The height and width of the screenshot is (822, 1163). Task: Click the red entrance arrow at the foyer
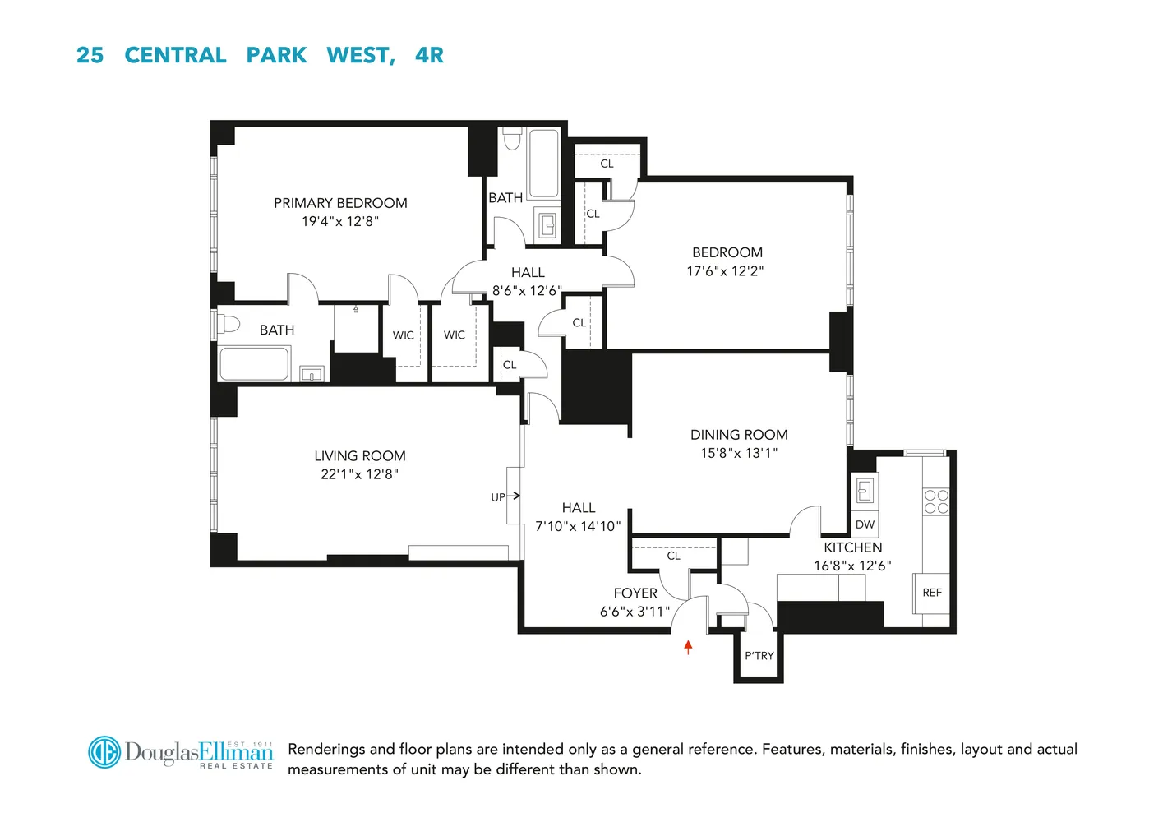(688, 647)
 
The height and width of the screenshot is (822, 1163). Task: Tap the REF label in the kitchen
(932, 593)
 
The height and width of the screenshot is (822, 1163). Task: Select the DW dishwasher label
(865, 524)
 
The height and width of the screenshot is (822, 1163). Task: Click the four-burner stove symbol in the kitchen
(936, 501)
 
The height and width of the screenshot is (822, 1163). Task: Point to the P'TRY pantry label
(759, 656)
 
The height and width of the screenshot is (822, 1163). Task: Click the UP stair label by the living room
(498, 497)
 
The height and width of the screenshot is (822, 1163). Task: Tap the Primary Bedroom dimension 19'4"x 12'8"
(340, 221)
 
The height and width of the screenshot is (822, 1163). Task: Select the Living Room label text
(360, 456)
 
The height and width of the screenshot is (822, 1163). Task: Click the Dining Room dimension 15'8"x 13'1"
(739, 453)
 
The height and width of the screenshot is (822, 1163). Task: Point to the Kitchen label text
(853, 547)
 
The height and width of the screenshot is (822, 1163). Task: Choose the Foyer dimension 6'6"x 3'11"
(635, 612)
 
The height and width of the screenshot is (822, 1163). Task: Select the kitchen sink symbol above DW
(864, 491)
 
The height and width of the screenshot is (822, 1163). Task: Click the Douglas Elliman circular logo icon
(104, 752)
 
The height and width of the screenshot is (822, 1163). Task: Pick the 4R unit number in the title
(429, 55)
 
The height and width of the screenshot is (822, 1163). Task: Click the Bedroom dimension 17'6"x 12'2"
(726, 270)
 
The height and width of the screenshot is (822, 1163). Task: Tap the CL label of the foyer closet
(674, 556)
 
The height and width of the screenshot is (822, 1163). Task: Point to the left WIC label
(404, 335)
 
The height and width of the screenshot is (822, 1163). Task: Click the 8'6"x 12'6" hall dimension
(527, 290)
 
